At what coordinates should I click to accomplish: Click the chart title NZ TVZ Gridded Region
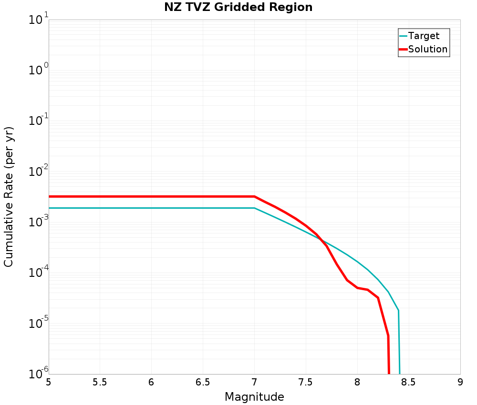(x=238, y=8)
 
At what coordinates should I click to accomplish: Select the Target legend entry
(x=424, y=36)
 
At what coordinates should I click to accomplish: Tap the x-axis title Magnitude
(x=254, y=396)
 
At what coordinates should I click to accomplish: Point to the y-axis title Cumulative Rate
(x=9, y=197)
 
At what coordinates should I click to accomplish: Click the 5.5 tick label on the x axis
(x=100, y=383)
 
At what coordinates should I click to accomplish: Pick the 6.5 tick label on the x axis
(x=203, y=383)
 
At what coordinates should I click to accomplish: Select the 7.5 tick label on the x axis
(x=306, y=383)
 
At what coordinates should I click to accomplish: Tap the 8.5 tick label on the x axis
(x=409, y=383)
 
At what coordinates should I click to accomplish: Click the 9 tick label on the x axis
(x=460, y=383)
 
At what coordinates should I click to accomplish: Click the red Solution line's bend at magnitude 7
(x=254, y=196)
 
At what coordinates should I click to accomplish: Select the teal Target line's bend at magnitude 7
(x=254, y=208)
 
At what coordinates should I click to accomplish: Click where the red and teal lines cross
(x=320, y=239)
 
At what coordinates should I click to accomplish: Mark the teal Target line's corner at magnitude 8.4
(x=398, y=311)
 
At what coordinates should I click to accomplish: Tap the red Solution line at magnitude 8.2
(x=378, y=298)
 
